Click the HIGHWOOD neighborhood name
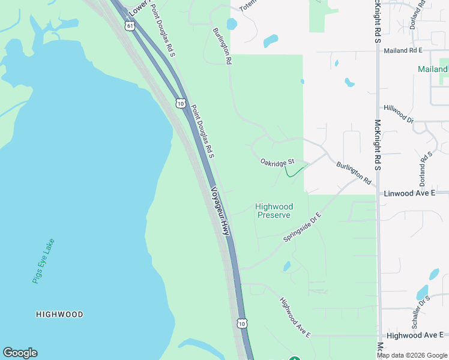(x=59, y=314)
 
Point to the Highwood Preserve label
(x=274, y=211)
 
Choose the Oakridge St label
(x=277, y=162)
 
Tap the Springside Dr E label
(x=303, y=227)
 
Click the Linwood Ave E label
(x=415, y=193)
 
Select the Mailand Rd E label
(x=403, y=51)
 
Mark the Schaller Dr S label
(x=421, y=312)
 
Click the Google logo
(x=20, y=353)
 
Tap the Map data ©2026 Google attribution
(x=412, y=355)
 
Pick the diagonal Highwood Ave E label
(x=295, y=316)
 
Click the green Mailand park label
(x=433, y=70)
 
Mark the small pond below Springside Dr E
(x=287, y=266)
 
